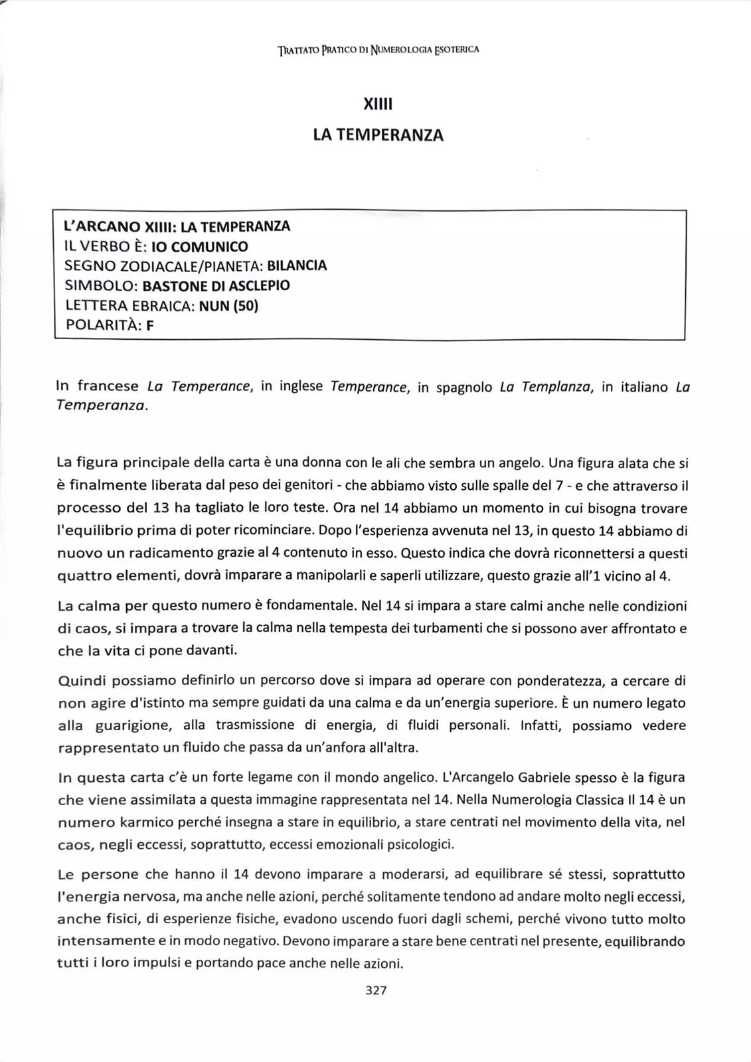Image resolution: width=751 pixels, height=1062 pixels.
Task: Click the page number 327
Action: [x=376, y=990]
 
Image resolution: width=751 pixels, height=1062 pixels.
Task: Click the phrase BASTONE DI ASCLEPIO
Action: [x=216, y=285]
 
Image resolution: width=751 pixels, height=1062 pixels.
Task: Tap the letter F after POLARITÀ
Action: [x=150, y=325]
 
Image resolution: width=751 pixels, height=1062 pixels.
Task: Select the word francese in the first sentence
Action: [x=108, y=386]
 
